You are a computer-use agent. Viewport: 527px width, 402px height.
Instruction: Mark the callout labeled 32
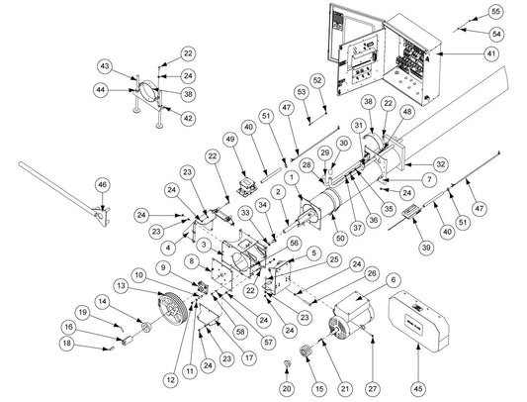click(x=440, y=164)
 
